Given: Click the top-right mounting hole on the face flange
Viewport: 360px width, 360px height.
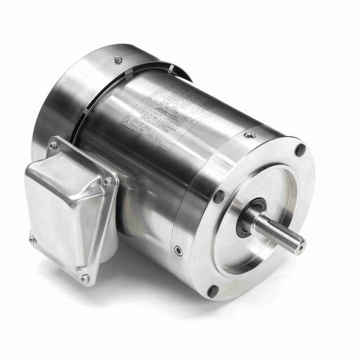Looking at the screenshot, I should (300, 150).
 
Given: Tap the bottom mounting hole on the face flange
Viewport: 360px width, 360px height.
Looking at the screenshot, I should (214, 289).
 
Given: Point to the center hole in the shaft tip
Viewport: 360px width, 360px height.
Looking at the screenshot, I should (300, 247).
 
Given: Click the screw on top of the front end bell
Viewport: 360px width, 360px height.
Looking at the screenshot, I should (250, 135).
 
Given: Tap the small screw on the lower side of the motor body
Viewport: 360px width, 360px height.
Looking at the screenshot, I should (178, 250).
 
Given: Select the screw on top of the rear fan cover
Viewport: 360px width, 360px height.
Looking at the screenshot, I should (118, 60).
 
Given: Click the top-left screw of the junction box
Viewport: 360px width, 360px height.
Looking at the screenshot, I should (53, 145).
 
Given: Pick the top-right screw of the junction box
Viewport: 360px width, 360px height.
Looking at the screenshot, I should (108, 181).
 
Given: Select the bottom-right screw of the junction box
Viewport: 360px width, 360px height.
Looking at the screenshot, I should (85, 279).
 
